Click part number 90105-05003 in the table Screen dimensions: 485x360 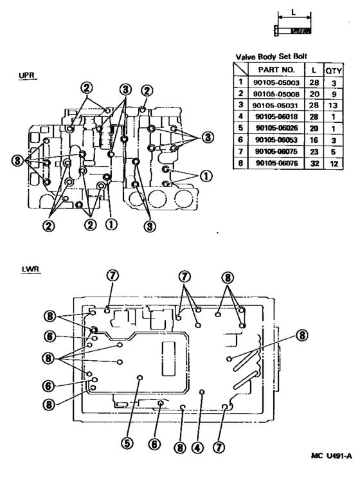click(x=276, y=82)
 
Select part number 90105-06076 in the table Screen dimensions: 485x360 click(x=276, y=164)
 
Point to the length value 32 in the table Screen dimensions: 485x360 click(x=314, y=164)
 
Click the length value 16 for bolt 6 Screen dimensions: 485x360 click(x=314, y=140)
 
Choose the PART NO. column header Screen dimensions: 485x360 click(x=276, y=69)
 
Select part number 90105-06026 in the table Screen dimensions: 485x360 click(x=276, y=129)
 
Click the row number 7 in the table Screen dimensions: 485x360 click(x=240, y=152)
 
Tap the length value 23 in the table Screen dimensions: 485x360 click(x=314, y=152)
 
